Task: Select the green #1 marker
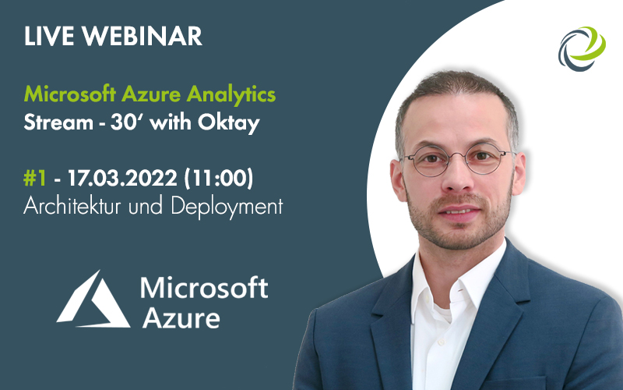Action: click(35, 179)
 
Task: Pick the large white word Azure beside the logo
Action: click(180, 316)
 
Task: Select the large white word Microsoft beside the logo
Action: click(204, 287)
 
